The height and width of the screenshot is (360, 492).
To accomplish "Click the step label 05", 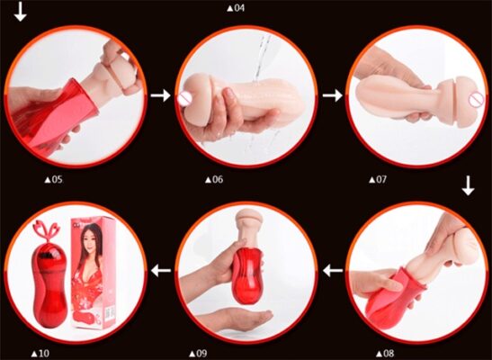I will click(54, 179).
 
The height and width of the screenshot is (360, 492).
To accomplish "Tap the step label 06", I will click(214, 179).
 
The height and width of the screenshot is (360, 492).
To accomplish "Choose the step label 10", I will click(40, 353).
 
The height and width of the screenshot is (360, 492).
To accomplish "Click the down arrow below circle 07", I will click(468, 185).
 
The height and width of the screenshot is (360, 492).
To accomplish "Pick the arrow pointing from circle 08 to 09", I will click(333, 268).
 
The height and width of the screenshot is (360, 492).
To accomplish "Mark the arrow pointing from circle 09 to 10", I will click(162, 268).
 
